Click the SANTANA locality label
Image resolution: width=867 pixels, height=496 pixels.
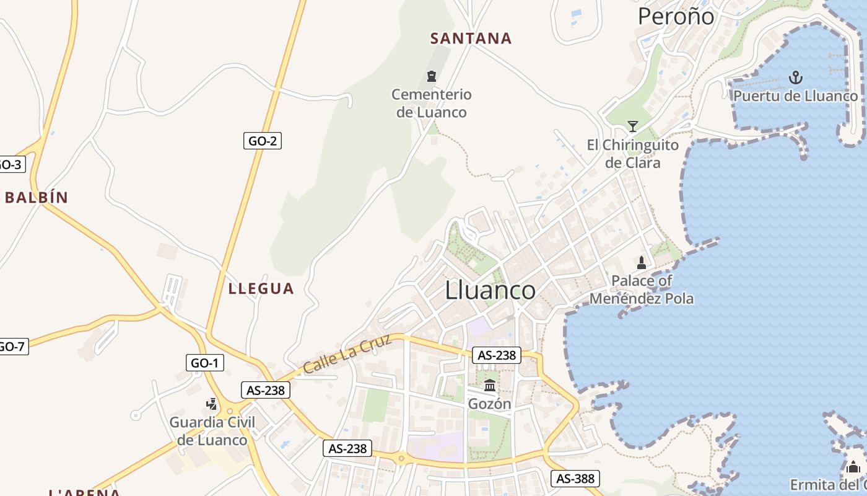coord(471,38)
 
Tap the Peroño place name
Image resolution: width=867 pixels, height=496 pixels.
coord(676,17)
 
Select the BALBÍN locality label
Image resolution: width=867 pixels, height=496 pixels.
coord(36,198)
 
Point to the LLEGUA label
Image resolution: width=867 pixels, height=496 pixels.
coord(261,288)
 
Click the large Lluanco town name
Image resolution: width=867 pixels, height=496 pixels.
coord(490,290)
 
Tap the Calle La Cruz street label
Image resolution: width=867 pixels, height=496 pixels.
coord(347,353)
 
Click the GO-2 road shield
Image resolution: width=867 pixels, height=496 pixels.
coord(262,141)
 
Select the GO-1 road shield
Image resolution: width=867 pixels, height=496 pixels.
coord(205,363)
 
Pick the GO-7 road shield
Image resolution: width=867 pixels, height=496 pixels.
coord(12,346)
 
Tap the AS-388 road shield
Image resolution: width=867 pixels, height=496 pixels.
coord(575,478)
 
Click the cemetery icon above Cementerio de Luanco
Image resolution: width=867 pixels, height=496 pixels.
coord(432,76)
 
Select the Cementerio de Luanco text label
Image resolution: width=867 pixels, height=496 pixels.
coord(432,104)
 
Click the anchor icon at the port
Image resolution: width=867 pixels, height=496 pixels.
coord(796,77)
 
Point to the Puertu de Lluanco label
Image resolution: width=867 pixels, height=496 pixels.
coord(796,96)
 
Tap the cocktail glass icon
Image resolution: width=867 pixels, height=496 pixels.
coord(632,126)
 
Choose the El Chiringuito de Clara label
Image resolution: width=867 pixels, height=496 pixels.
coord(632,154)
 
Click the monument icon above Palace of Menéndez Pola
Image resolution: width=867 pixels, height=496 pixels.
coord(642,263)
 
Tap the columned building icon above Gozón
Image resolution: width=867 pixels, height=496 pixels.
coord(490,386)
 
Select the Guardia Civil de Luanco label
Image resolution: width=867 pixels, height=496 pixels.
coord(212,432)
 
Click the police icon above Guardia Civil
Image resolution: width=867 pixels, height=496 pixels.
coord(212,404)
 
